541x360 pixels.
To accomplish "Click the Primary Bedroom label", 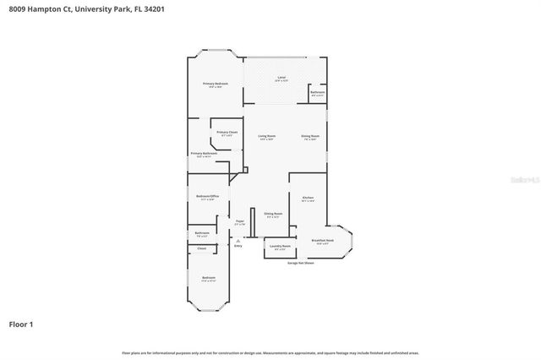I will (x=216, y=85).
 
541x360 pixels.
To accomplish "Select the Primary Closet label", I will (x=227, y=133).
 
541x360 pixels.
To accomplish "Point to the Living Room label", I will (x=267, y=136).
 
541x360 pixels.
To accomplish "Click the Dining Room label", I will (x=310, y=136).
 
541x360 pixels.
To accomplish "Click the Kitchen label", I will (x=308, y=199).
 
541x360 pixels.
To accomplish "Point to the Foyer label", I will (x=240, y=222).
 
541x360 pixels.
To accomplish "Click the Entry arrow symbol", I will (x=238, y=241).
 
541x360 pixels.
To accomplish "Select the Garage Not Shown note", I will (x=299, y=263).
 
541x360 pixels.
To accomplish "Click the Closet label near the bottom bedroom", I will (x=201, y=248).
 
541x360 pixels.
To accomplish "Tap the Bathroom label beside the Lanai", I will (x=318, y=92).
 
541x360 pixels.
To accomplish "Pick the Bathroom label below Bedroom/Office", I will (x=202, y=233).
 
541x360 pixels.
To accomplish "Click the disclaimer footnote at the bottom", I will (x=270, y=352).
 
